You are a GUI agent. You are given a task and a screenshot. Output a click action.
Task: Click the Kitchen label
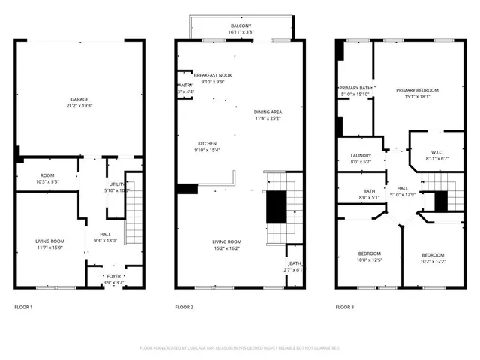207,144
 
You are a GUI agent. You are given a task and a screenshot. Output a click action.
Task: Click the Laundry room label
361,156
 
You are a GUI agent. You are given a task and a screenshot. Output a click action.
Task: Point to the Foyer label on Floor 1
113,276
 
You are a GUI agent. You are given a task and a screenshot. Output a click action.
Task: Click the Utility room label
116,184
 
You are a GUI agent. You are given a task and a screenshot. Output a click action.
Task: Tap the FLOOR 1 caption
24,307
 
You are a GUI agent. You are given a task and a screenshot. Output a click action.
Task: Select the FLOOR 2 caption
184,307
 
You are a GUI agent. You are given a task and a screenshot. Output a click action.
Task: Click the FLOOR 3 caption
344,307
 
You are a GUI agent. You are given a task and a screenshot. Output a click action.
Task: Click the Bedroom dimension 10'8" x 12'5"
369,259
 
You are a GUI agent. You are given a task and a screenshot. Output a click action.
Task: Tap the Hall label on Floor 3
402,188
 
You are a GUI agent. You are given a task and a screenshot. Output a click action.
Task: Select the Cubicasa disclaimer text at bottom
239,348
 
